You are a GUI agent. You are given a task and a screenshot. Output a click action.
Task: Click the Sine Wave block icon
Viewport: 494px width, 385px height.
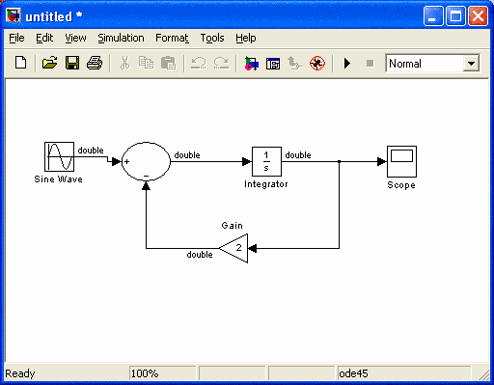(59, 156)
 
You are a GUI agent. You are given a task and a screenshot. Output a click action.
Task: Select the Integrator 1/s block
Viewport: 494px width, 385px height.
(266, 161)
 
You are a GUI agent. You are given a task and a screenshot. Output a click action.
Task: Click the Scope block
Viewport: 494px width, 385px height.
(401, 161)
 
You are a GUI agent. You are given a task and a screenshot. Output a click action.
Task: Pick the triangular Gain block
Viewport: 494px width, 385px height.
(233, 248)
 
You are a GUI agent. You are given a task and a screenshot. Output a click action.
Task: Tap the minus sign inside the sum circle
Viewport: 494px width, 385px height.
(146, 176)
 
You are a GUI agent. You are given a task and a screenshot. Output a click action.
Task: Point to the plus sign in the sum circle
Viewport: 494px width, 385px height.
(127, 161)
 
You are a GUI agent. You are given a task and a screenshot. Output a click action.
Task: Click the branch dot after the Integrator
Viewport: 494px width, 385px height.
(339, 161)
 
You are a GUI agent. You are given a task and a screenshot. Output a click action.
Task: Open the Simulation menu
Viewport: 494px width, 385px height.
(121, 38)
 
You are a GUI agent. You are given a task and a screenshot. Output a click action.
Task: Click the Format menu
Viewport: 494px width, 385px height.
(172, 38)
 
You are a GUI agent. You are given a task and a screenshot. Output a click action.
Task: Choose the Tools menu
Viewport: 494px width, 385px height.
(212, 38)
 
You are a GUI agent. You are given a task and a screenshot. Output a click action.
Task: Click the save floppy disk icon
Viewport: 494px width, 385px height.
(72, 63)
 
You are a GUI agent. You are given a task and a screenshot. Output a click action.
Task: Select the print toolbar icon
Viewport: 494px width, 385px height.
(95, 63)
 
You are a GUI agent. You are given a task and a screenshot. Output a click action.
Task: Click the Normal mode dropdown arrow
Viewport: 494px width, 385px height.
(471, 64)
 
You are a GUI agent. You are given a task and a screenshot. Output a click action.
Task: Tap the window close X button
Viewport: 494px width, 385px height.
(478, 16)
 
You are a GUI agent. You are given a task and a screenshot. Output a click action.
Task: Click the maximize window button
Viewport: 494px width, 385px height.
(455, 16)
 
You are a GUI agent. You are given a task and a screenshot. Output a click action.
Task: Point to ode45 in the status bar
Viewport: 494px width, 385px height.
(353, 373)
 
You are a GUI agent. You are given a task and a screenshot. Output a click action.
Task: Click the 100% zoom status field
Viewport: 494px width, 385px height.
(162, 373)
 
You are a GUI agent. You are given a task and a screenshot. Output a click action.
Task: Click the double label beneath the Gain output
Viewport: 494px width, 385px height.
(200, 255)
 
